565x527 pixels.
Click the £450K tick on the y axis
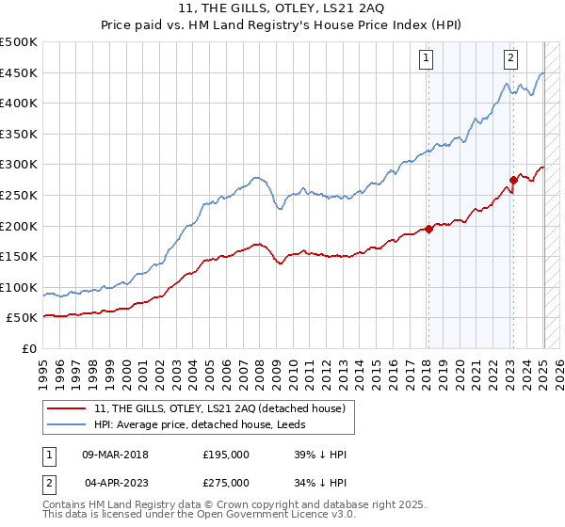(19, 72)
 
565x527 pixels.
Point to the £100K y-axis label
(19, 287)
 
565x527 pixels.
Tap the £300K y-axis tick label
(19, 165)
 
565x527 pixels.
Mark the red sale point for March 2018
(428, 228)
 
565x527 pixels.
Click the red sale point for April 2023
(513, 179)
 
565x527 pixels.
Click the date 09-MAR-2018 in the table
(115, 454)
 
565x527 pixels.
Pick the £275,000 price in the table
(225, 482)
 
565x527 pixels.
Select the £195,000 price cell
(225, 454)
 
